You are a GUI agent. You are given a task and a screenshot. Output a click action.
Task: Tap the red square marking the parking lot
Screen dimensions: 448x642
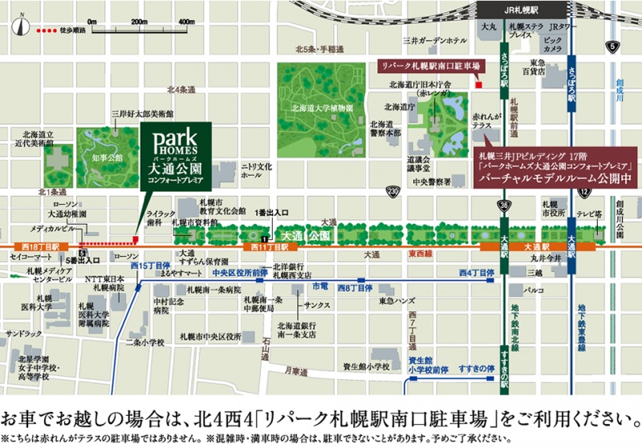click(477, 83)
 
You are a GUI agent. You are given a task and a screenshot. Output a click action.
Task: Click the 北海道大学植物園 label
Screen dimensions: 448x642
click(323, 106)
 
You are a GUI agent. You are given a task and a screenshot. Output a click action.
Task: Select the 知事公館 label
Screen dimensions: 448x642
click(107, 158)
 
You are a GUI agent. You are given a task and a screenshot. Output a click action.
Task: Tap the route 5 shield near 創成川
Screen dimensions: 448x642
click(612, 46)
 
